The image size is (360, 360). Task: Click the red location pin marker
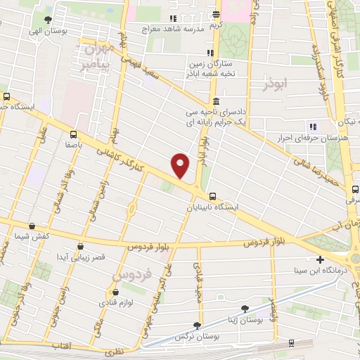click(181, 165)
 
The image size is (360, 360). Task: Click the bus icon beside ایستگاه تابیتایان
click(212, 197)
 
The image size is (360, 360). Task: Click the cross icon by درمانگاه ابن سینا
click(321, 259)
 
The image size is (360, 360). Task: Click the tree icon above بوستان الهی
click(48, 20)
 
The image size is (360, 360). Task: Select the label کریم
click(216, 25)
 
